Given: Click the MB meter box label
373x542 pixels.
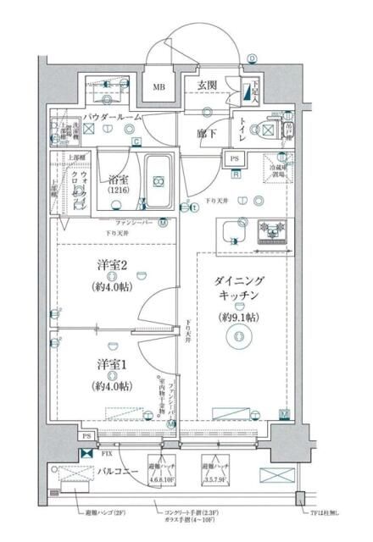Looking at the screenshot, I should point(159,87).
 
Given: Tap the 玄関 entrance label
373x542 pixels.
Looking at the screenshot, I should point(209,85).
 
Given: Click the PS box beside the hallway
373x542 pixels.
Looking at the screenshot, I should point(233,158).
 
